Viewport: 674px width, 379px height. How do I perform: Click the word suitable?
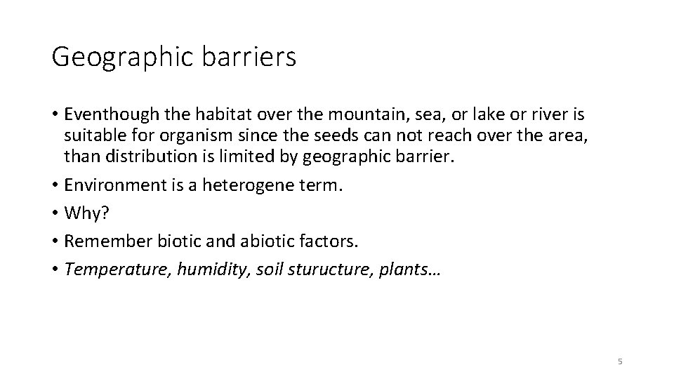click(90, 135)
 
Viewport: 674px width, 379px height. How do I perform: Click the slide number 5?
click(620, 361)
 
